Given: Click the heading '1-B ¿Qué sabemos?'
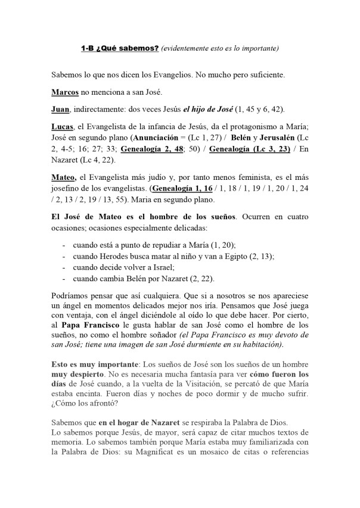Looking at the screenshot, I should [x=120, y=48].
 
